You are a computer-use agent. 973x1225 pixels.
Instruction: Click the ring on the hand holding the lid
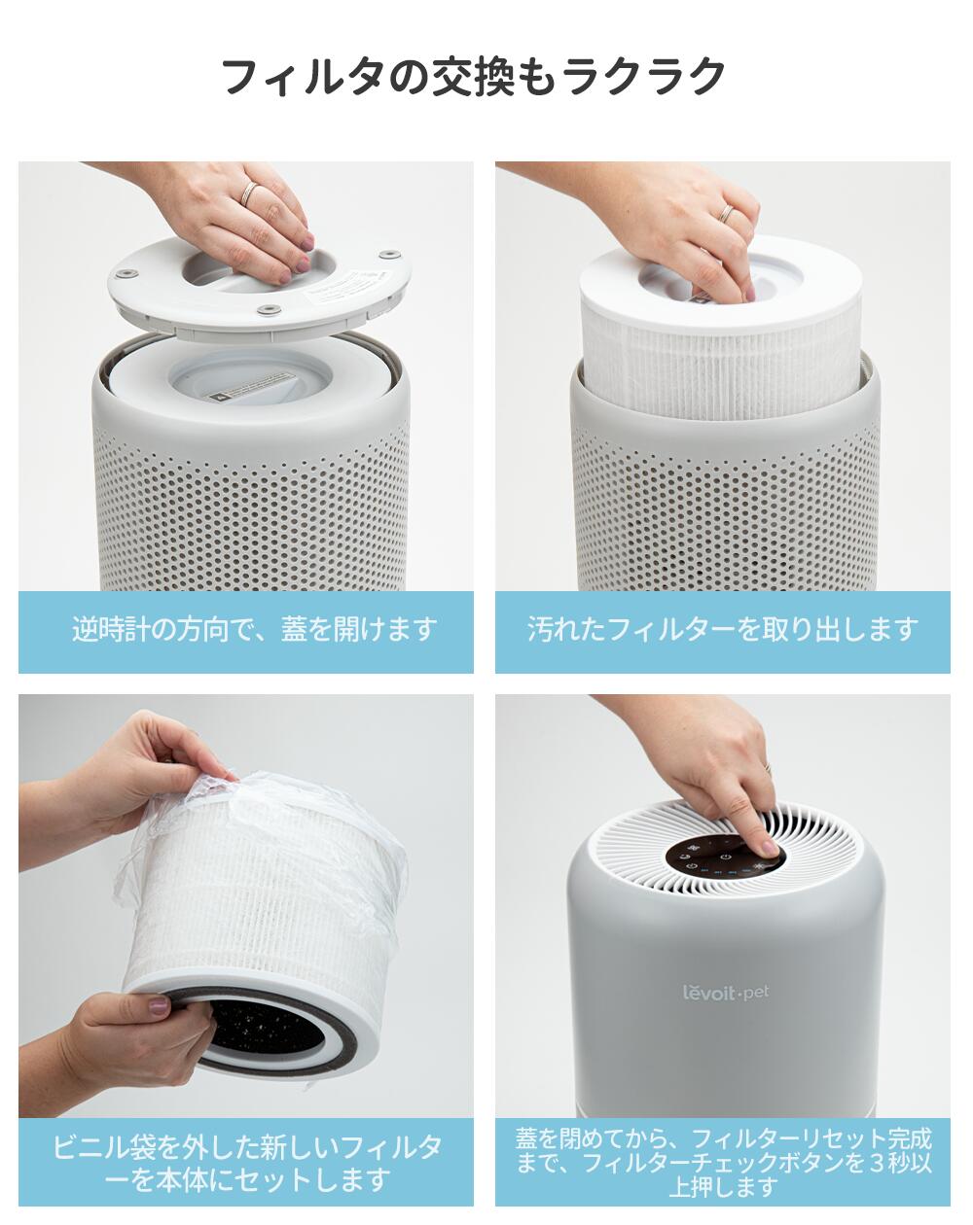pos(250,192)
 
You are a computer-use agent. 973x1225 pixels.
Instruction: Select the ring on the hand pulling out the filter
pos(726,213)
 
